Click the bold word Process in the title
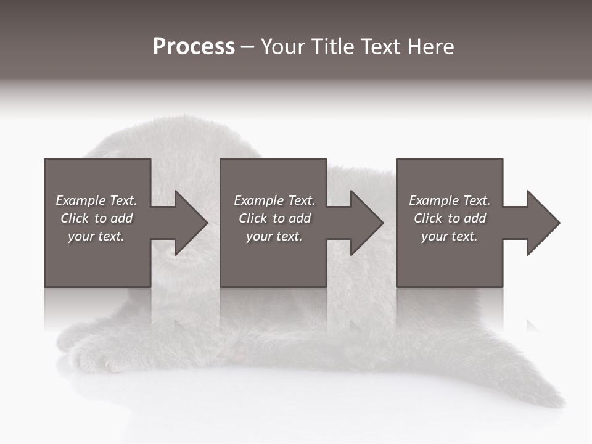tap(194, 47)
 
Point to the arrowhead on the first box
tap(191, 223)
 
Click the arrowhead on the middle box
tap(367, 223)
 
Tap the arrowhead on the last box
tap(543, 223)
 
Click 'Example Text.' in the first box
tap(96, 200)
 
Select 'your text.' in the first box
tap(96, 236)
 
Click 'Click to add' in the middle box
tap(274, 218)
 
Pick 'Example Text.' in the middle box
tap(274, 200)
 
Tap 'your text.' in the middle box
tap(274, 236)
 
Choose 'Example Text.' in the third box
tap(450, 200)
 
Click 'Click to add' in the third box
tap(450, 218)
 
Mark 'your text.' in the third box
tap(450, 236)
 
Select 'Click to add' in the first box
tap(96, 218)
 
